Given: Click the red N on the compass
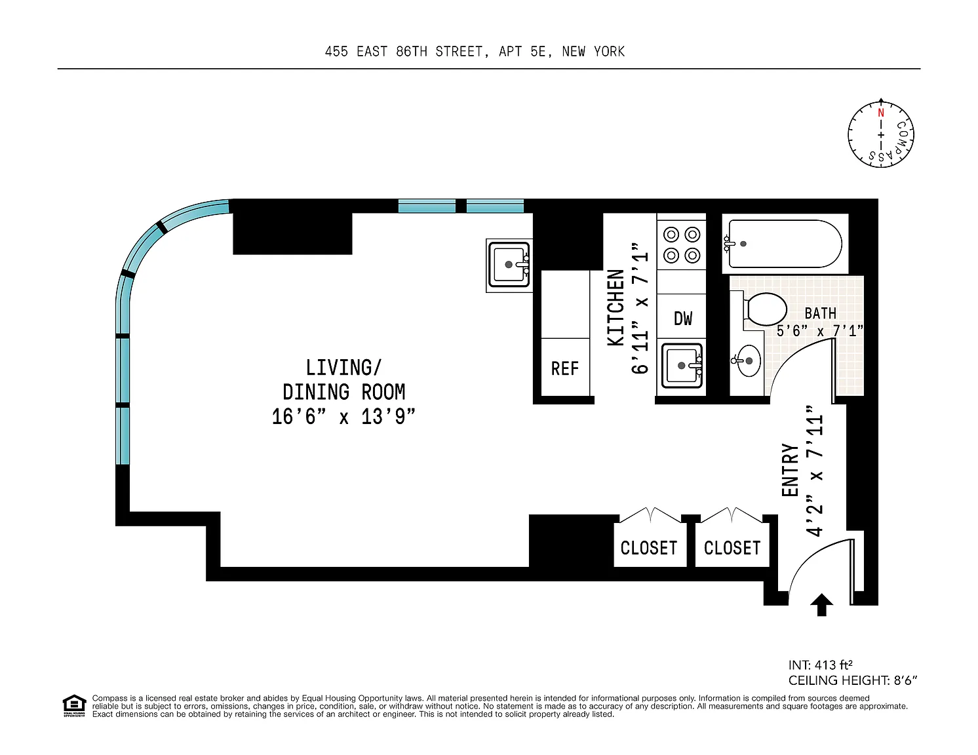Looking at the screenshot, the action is [881, 113].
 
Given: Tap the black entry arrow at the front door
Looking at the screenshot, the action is [821, 604].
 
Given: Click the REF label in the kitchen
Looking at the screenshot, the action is [564, 368].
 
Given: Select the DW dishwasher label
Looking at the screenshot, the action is [683, 319].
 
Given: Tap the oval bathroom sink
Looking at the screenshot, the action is [747, 360].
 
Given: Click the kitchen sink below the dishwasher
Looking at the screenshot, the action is [682, 365].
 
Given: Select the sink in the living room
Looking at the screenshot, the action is [509, 265].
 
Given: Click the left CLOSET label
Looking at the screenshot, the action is [648, 548].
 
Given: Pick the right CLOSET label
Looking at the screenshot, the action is [732, 548].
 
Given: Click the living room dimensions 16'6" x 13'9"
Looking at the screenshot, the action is [343, 417].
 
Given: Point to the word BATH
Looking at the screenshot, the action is [820, 313].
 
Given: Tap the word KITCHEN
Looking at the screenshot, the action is [616, 308].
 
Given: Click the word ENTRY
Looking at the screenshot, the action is [790, 470].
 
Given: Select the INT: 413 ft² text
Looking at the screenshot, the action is [820, 665].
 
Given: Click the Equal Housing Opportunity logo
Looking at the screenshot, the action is [74, 706].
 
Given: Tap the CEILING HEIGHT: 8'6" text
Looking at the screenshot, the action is [852, 680].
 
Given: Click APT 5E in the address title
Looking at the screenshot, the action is [525, 52].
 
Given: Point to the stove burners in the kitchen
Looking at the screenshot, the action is [682, 245].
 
